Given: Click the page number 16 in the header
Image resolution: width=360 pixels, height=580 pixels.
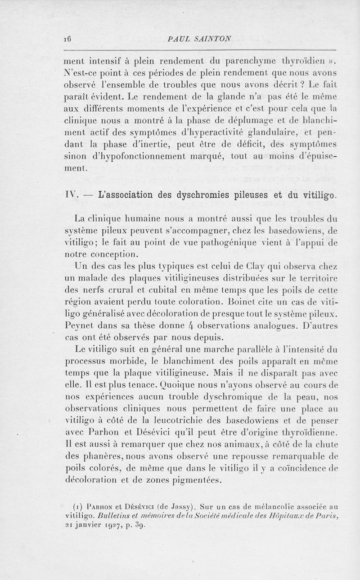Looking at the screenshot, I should pyautogui.click(x=70, y=39).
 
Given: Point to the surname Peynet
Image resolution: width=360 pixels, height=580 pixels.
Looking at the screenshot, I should pyautogui.click(x=79, y=325).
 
